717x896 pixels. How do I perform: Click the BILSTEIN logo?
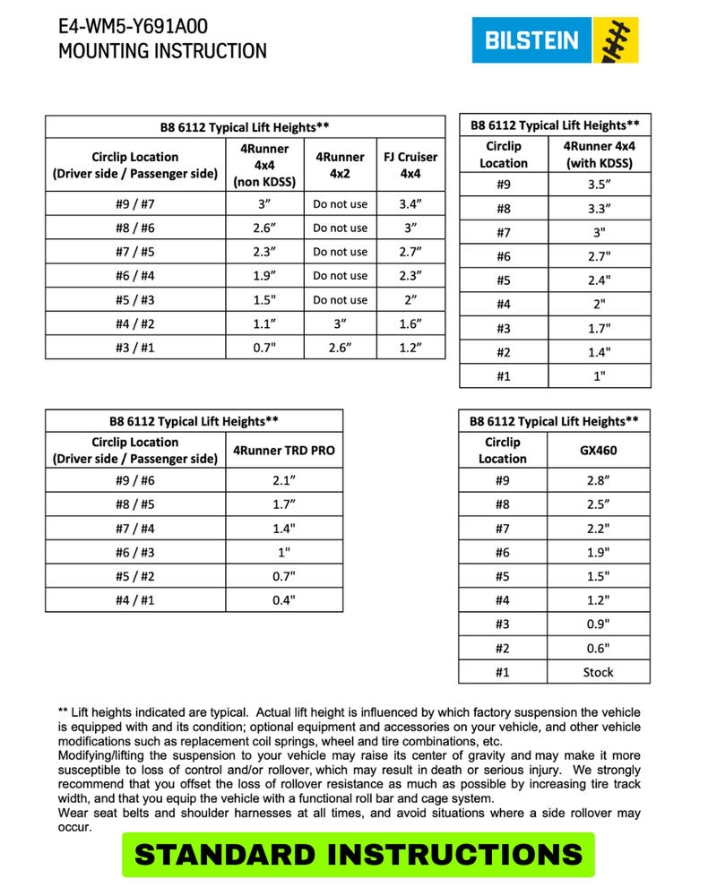(555, 40)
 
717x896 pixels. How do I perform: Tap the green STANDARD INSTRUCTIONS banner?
(358, 855)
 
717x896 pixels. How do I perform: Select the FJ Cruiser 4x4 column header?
(410, 165)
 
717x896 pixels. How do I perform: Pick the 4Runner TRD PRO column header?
(283, 451)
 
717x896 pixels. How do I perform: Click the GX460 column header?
(599, 451)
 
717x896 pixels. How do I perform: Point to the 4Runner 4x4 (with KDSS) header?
(599, 154)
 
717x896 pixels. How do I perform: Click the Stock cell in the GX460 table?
(599, 672)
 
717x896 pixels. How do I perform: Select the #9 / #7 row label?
(135, 204)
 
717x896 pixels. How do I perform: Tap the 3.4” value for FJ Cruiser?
(410, 204)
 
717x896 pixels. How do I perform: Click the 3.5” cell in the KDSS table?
(599, 185)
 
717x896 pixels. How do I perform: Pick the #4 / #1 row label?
(135, 600)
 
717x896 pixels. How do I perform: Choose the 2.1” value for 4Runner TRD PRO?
(283, 480)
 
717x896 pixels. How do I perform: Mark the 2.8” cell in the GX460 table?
(599, 480)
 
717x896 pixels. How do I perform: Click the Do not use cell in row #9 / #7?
(341, 204)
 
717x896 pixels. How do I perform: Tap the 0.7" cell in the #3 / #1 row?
(263, 347)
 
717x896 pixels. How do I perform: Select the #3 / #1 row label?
(135, 347)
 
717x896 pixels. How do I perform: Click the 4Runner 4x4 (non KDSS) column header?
(263, 165)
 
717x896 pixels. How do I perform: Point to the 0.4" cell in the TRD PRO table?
(283, 600)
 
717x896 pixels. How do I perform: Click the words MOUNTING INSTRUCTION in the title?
(162, 51)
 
